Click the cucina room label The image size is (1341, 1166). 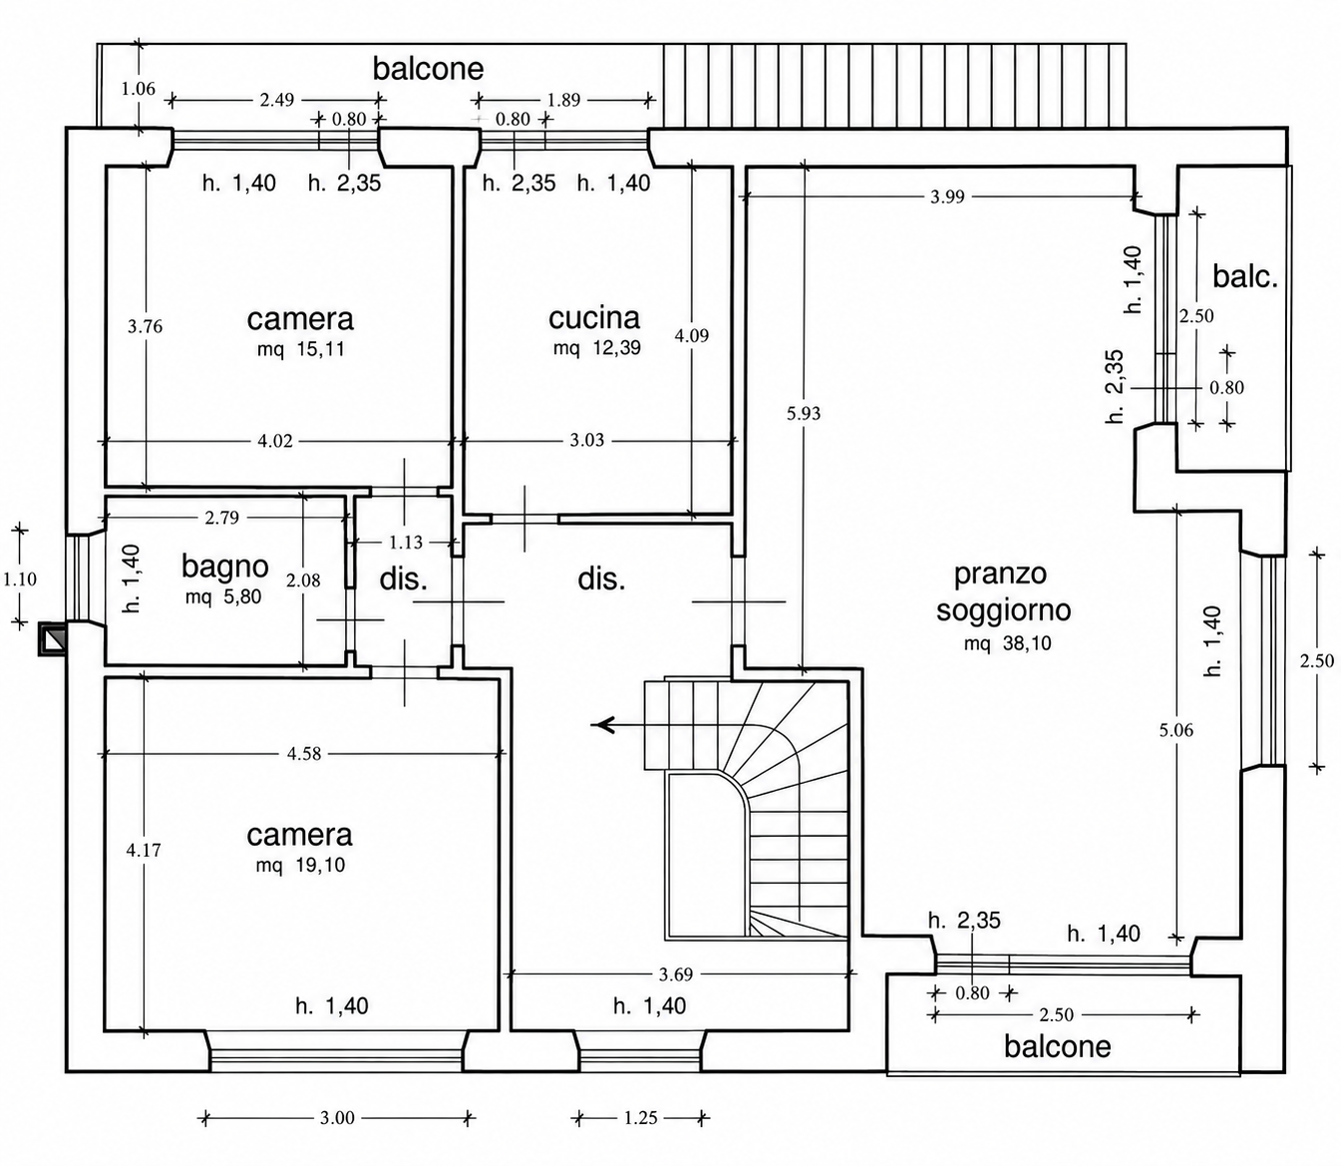point(594,318)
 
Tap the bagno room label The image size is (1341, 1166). point(224,567)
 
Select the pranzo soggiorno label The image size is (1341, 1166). point(1003,592)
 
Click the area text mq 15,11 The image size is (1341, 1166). point(301,349)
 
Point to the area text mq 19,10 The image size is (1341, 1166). point(301,865)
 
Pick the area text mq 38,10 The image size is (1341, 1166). point(1007,643)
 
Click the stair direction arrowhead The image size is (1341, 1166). point(602,725)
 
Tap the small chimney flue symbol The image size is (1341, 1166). point(53,638)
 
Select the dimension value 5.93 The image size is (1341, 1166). point(804,414)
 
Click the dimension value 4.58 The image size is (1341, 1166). point(304,754)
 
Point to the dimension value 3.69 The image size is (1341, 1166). point(676,974)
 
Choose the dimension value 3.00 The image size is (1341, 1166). point(337,1117)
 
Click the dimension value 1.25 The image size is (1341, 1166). point(640,1117)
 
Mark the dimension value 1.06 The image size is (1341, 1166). point(139,89)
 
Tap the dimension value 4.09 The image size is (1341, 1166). point(692,335)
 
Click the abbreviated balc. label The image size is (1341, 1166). point(1245,276)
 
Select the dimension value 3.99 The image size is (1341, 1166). point(948,196)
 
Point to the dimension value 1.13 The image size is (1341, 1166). point(406,543)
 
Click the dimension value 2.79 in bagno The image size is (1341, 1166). point(221,518)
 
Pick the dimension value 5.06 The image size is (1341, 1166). point(1176,730)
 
